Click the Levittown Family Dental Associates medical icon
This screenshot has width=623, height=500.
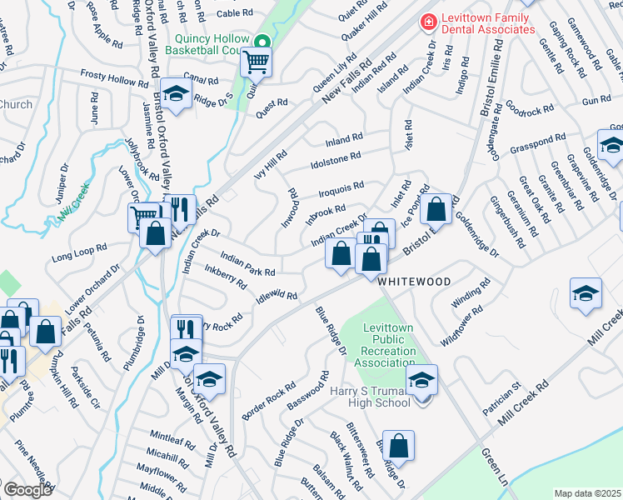[428, 20]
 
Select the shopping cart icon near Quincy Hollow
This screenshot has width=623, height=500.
[257, 62]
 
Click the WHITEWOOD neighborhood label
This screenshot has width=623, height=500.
[414, 282]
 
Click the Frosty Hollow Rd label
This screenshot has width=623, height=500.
[114, 76]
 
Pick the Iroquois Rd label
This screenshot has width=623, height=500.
[341, 189]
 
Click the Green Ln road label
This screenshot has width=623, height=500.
[495, 466]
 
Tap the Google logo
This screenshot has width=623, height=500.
[27, 490]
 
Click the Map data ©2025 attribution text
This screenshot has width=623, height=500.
[587, 493]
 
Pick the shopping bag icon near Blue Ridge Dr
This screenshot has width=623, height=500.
[400, 447]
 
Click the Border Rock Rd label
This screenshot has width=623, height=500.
[268, 399]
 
